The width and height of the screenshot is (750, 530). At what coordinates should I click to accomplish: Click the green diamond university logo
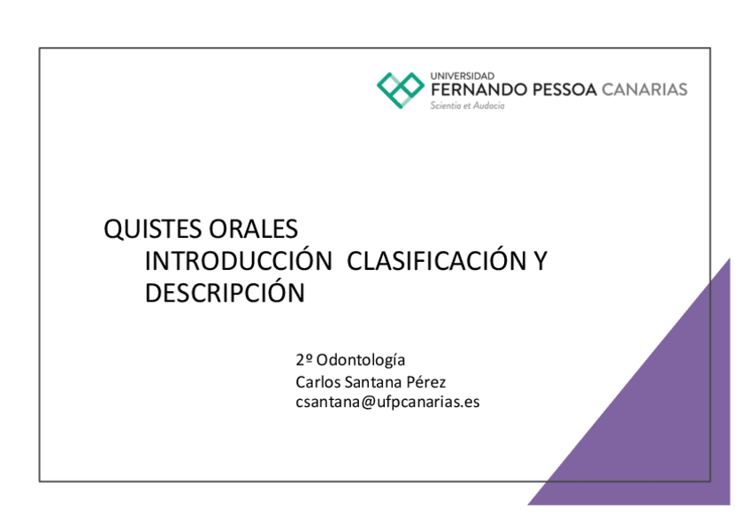(401, 89)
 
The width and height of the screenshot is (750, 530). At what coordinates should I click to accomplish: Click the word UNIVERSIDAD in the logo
(462, 76)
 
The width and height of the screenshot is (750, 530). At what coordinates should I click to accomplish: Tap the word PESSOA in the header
(562, 90)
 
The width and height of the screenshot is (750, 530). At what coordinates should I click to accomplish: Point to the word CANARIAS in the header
(644, 90)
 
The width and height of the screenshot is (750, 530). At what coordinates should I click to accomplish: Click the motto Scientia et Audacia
(467, 105)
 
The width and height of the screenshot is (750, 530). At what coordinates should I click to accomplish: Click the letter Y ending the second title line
(540, 261)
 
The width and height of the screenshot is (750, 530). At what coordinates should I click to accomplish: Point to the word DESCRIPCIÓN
(225, 293)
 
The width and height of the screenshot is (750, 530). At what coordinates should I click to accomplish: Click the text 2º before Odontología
(304, 360)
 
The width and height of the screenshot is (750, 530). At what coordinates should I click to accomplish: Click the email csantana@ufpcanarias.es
(387, 402)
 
